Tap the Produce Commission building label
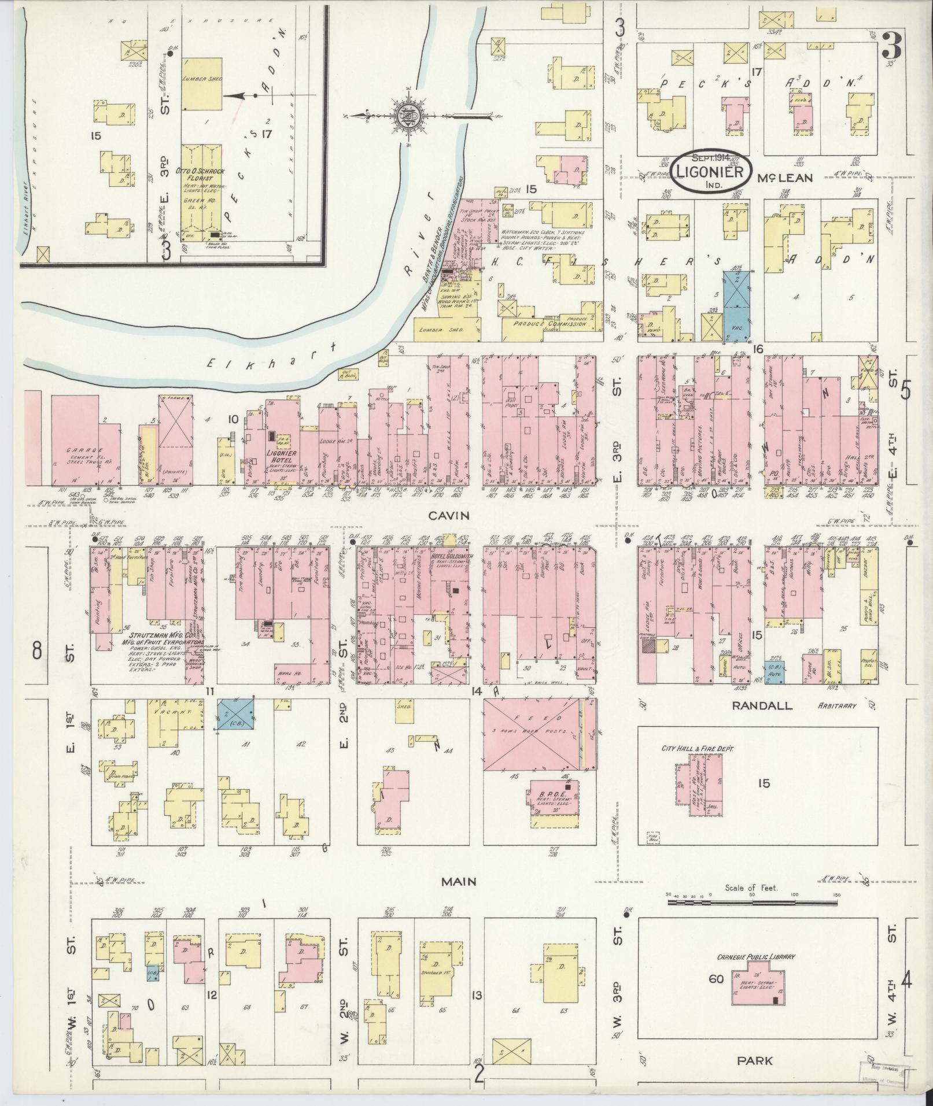tap(547, 324)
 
